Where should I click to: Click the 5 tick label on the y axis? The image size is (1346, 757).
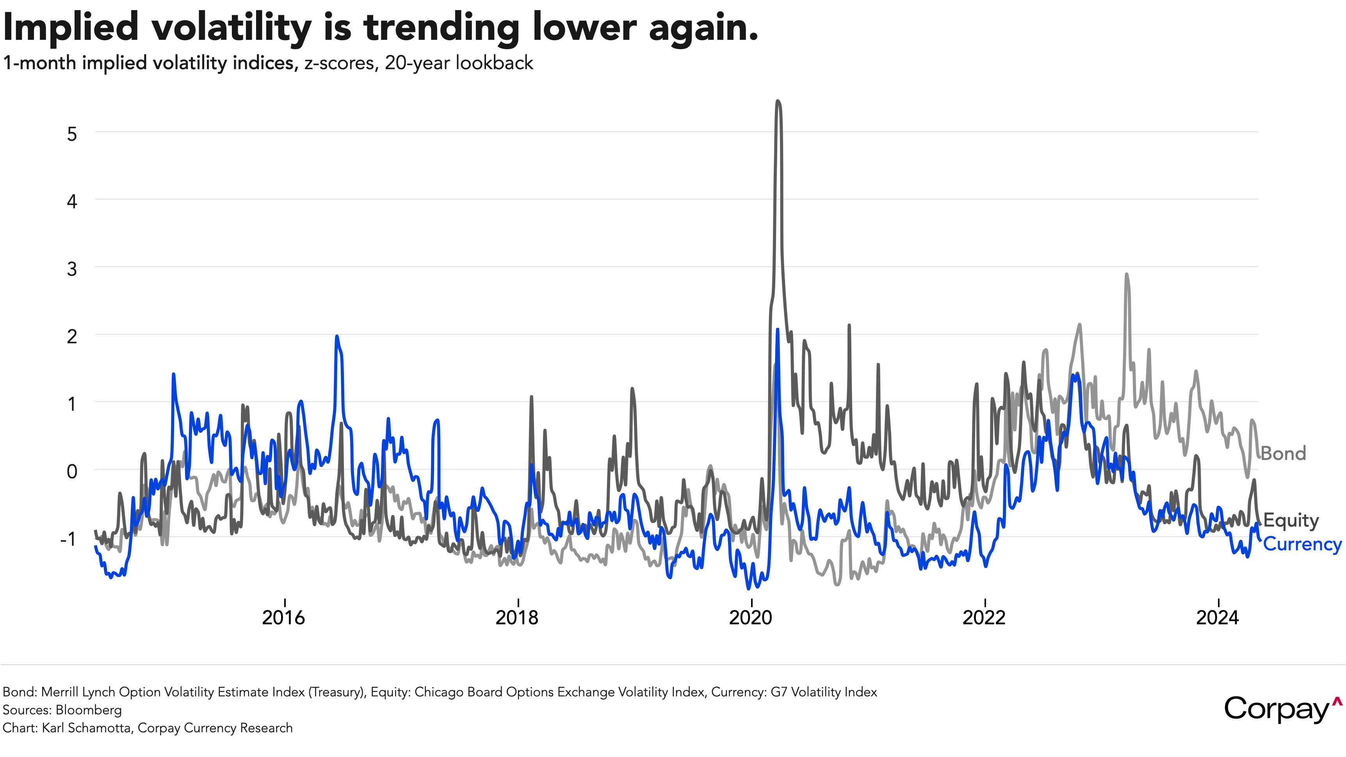click(x=72, y=134)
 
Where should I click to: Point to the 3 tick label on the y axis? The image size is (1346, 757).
click(x=72, y=269)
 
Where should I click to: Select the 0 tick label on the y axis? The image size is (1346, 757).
click(x=72, y=471)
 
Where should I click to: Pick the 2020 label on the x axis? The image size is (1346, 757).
click(x=750, y=618)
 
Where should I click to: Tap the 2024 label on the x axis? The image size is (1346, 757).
click(x=1218, y=618)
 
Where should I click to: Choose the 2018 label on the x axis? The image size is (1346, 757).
click(x=517, y=618)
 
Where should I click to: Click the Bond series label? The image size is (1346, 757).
click(x=1283, y=453)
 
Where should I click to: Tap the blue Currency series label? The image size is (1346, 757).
click(x=1302, y=544)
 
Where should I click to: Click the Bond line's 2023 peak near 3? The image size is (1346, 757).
click(x=1127, y=274)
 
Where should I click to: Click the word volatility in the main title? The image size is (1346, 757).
click(x=231, y=27)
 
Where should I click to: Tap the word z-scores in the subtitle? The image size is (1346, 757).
click(x=340, y=63)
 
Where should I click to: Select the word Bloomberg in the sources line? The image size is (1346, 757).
click(x=89, y=710)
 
